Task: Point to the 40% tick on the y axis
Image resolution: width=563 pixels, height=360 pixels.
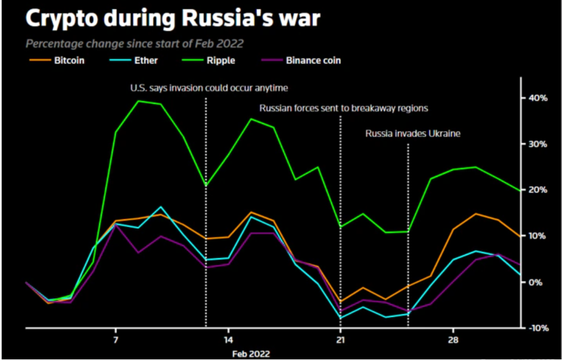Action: tap(539, 98)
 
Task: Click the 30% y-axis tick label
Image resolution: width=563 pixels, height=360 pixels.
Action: tap(539, 144)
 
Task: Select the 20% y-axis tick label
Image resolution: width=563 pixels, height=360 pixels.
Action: tap(539, 190)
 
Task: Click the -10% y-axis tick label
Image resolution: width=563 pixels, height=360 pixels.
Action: tap(537, 328)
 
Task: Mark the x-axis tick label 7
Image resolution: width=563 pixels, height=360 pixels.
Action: tap(116, 340)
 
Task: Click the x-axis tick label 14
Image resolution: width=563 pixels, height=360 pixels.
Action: tap(229, 340)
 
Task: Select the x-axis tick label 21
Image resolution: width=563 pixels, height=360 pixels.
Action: tap(341, 340)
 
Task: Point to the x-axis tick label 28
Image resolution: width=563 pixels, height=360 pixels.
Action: tap(453, 340)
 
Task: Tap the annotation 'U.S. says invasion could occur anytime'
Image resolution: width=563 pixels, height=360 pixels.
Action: tap(209, 88)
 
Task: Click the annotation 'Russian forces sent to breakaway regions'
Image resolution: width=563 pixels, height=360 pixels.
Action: tap(344, 108)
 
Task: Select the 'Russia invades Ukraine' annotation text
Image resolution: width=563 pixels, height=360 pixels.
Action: tap(412, 133)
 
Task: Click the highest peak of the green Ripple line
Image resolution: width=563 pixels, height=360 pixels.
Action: tap(138, 101)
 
